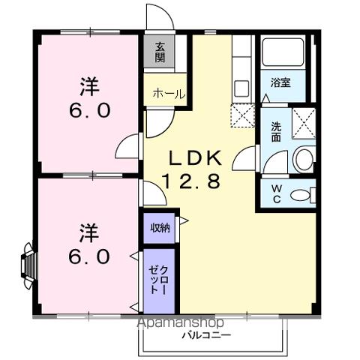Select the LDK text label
(x=193, y=158)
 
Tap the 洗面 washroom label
(x=276, y=132)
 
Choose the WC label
(x=275, y=191)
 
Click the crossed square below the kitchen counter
(x=243, y=116)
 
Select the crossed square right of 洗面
(x=304, y=119)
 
